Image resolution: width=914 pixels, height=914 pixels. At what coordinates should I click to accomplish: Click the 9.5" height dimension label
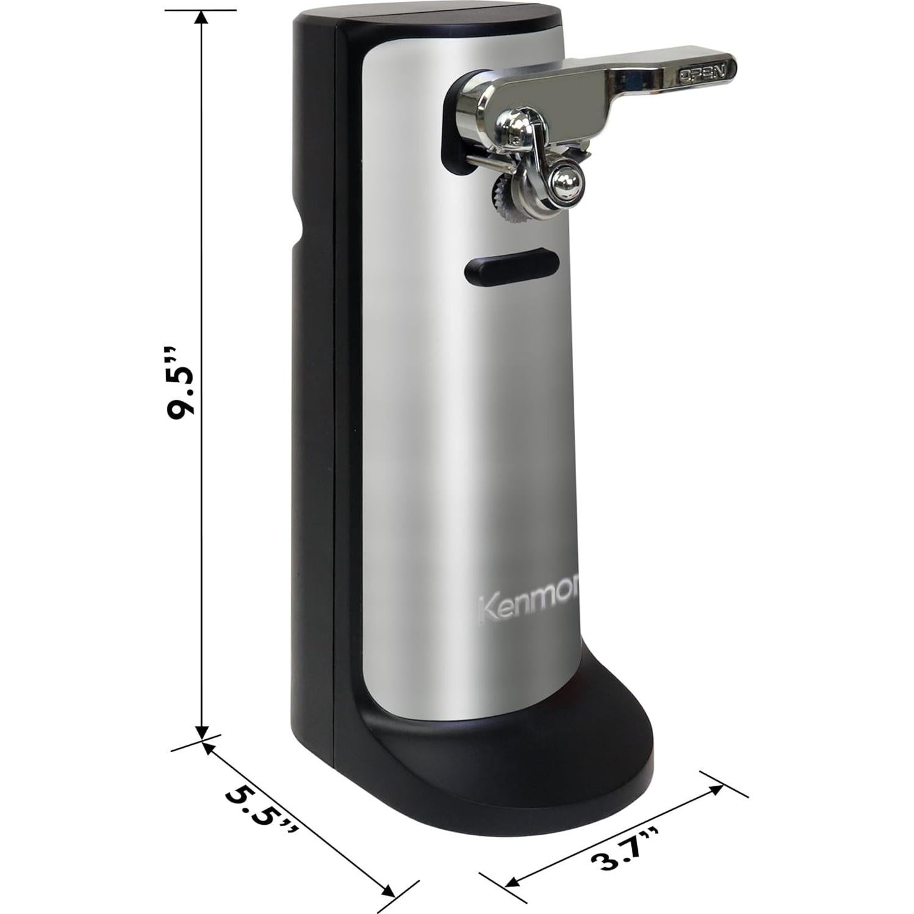coord(181,383)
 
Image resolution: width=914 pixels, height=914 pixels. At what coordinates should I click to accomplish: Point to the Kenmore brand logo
coord(528,607)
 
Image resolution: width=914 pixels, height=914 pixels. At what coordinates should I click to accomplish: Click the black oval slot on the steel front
coord(512,266)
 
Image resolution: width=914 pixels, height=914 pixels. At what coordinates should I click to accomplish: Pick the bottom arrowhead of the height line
coord(202,732)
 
